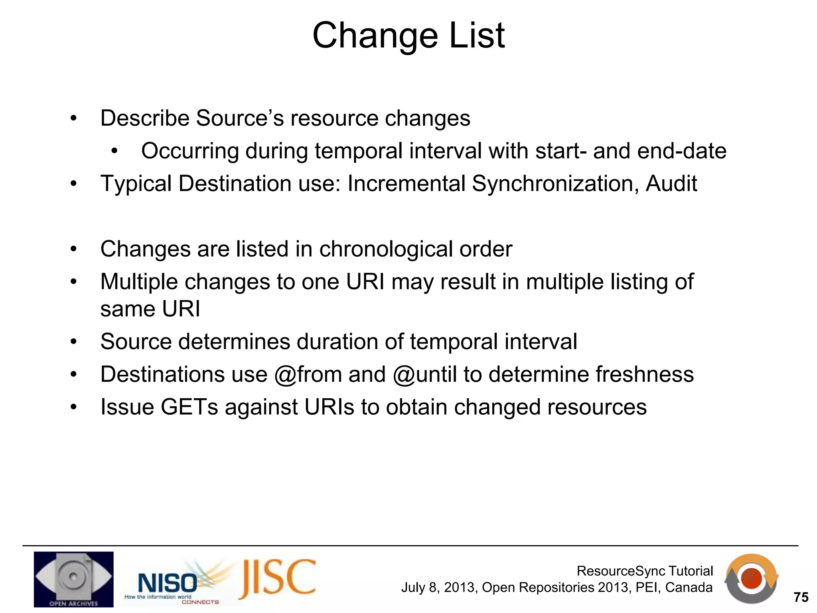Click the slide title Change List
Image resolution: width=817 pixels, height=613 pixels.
(408, 36)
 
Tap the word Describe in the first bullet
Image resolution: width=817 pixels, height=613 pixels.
(144, 119)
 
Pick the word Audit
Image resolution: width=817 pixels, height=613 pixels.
(671, 184)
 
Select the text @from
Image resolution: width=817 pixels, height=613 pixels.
(308, 375)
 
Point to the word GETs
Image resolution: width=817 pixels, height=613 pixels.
(189, 407)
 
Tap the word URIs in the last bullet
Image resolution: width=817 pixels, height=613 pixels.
(329, 407)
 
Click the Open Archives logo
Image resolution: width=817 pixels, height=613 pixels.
(73, 579)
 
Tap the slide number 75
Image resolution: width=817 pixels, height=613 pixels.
(801, 597)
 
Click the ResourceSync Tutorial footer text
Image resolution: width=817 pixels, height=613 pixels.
(645, 571)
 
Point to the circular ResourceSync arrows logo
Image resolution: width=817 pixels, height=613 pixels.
(751, 578)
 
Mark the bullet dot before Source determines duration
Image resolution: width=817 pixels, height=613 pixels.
(73, 342)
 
